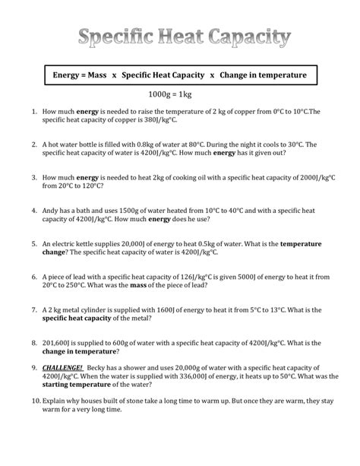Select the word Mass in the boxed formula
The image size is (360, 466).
click(x=106, y=76)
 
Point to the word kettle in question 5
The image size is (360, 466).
click(x=89, y=244)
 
